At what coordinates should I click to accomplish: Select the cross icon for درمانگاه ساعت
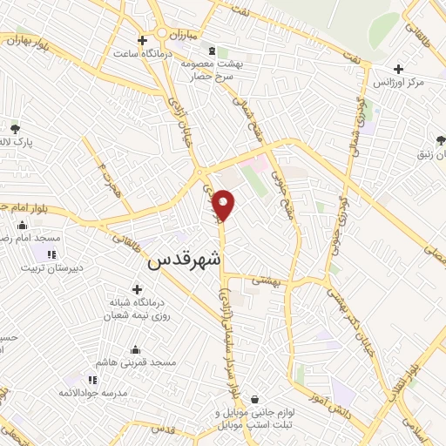tap(142, 39)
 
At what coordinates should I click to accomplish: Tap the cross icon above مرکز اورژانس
tap(398, 69)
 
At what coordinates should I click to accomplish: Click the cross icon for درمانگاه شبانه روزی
tap(137, 289)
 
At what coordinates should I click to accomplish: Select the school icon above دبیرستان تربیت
tap(51, 255)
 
